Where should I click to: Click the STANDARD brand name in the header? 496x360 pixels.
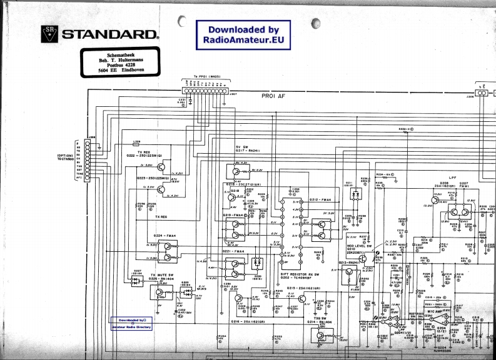[x=110, y=34]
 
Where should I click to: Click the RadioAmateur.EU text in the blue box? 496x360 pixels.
[x=243, y=40]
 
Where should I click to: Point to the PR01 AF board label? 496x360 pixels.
[x=273, y=97]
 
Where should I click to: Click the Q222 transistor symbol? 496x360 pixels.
[x=161, y=167]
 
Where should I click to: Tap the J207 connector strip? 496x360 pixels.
[x=205, y=91]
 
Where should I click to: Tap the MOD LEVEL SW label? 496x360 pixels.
[x=360, y=247]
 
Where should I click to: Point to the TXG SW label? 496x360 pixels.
[x=321, y=317]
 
